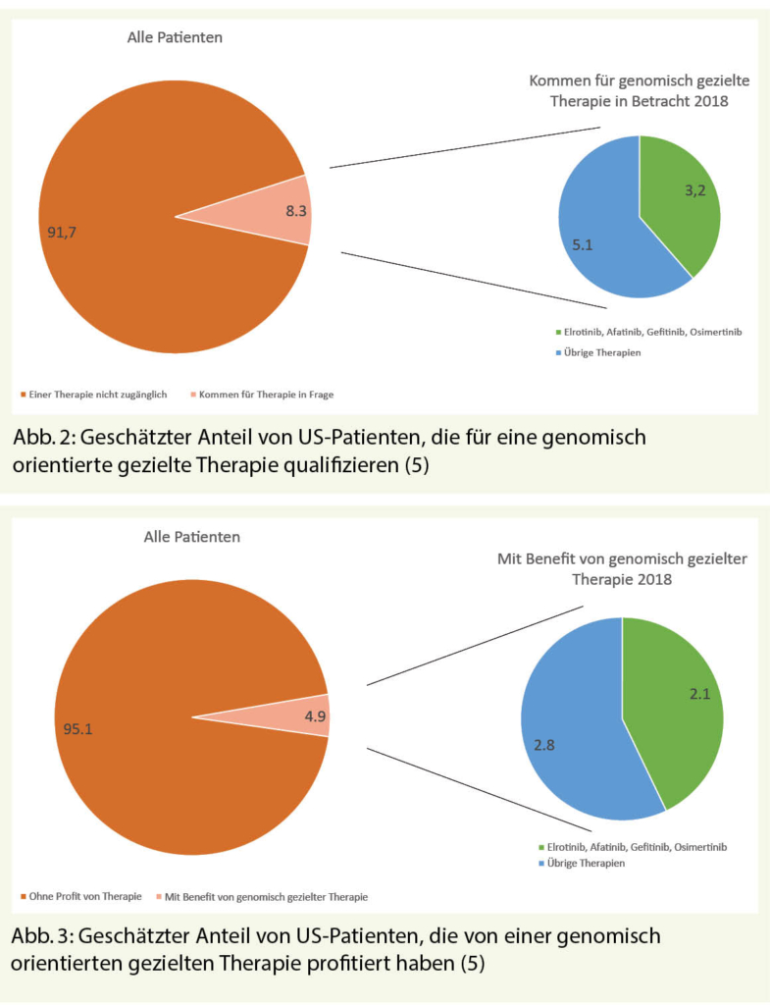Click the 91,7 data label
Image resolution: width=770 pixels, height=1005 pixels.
[63, 232]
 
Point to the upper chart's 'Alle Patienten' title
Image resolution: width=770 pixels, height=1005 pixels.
[175, 39]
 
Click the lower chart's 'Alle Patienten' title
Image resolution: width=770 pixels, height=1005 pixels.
[191, 537]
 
